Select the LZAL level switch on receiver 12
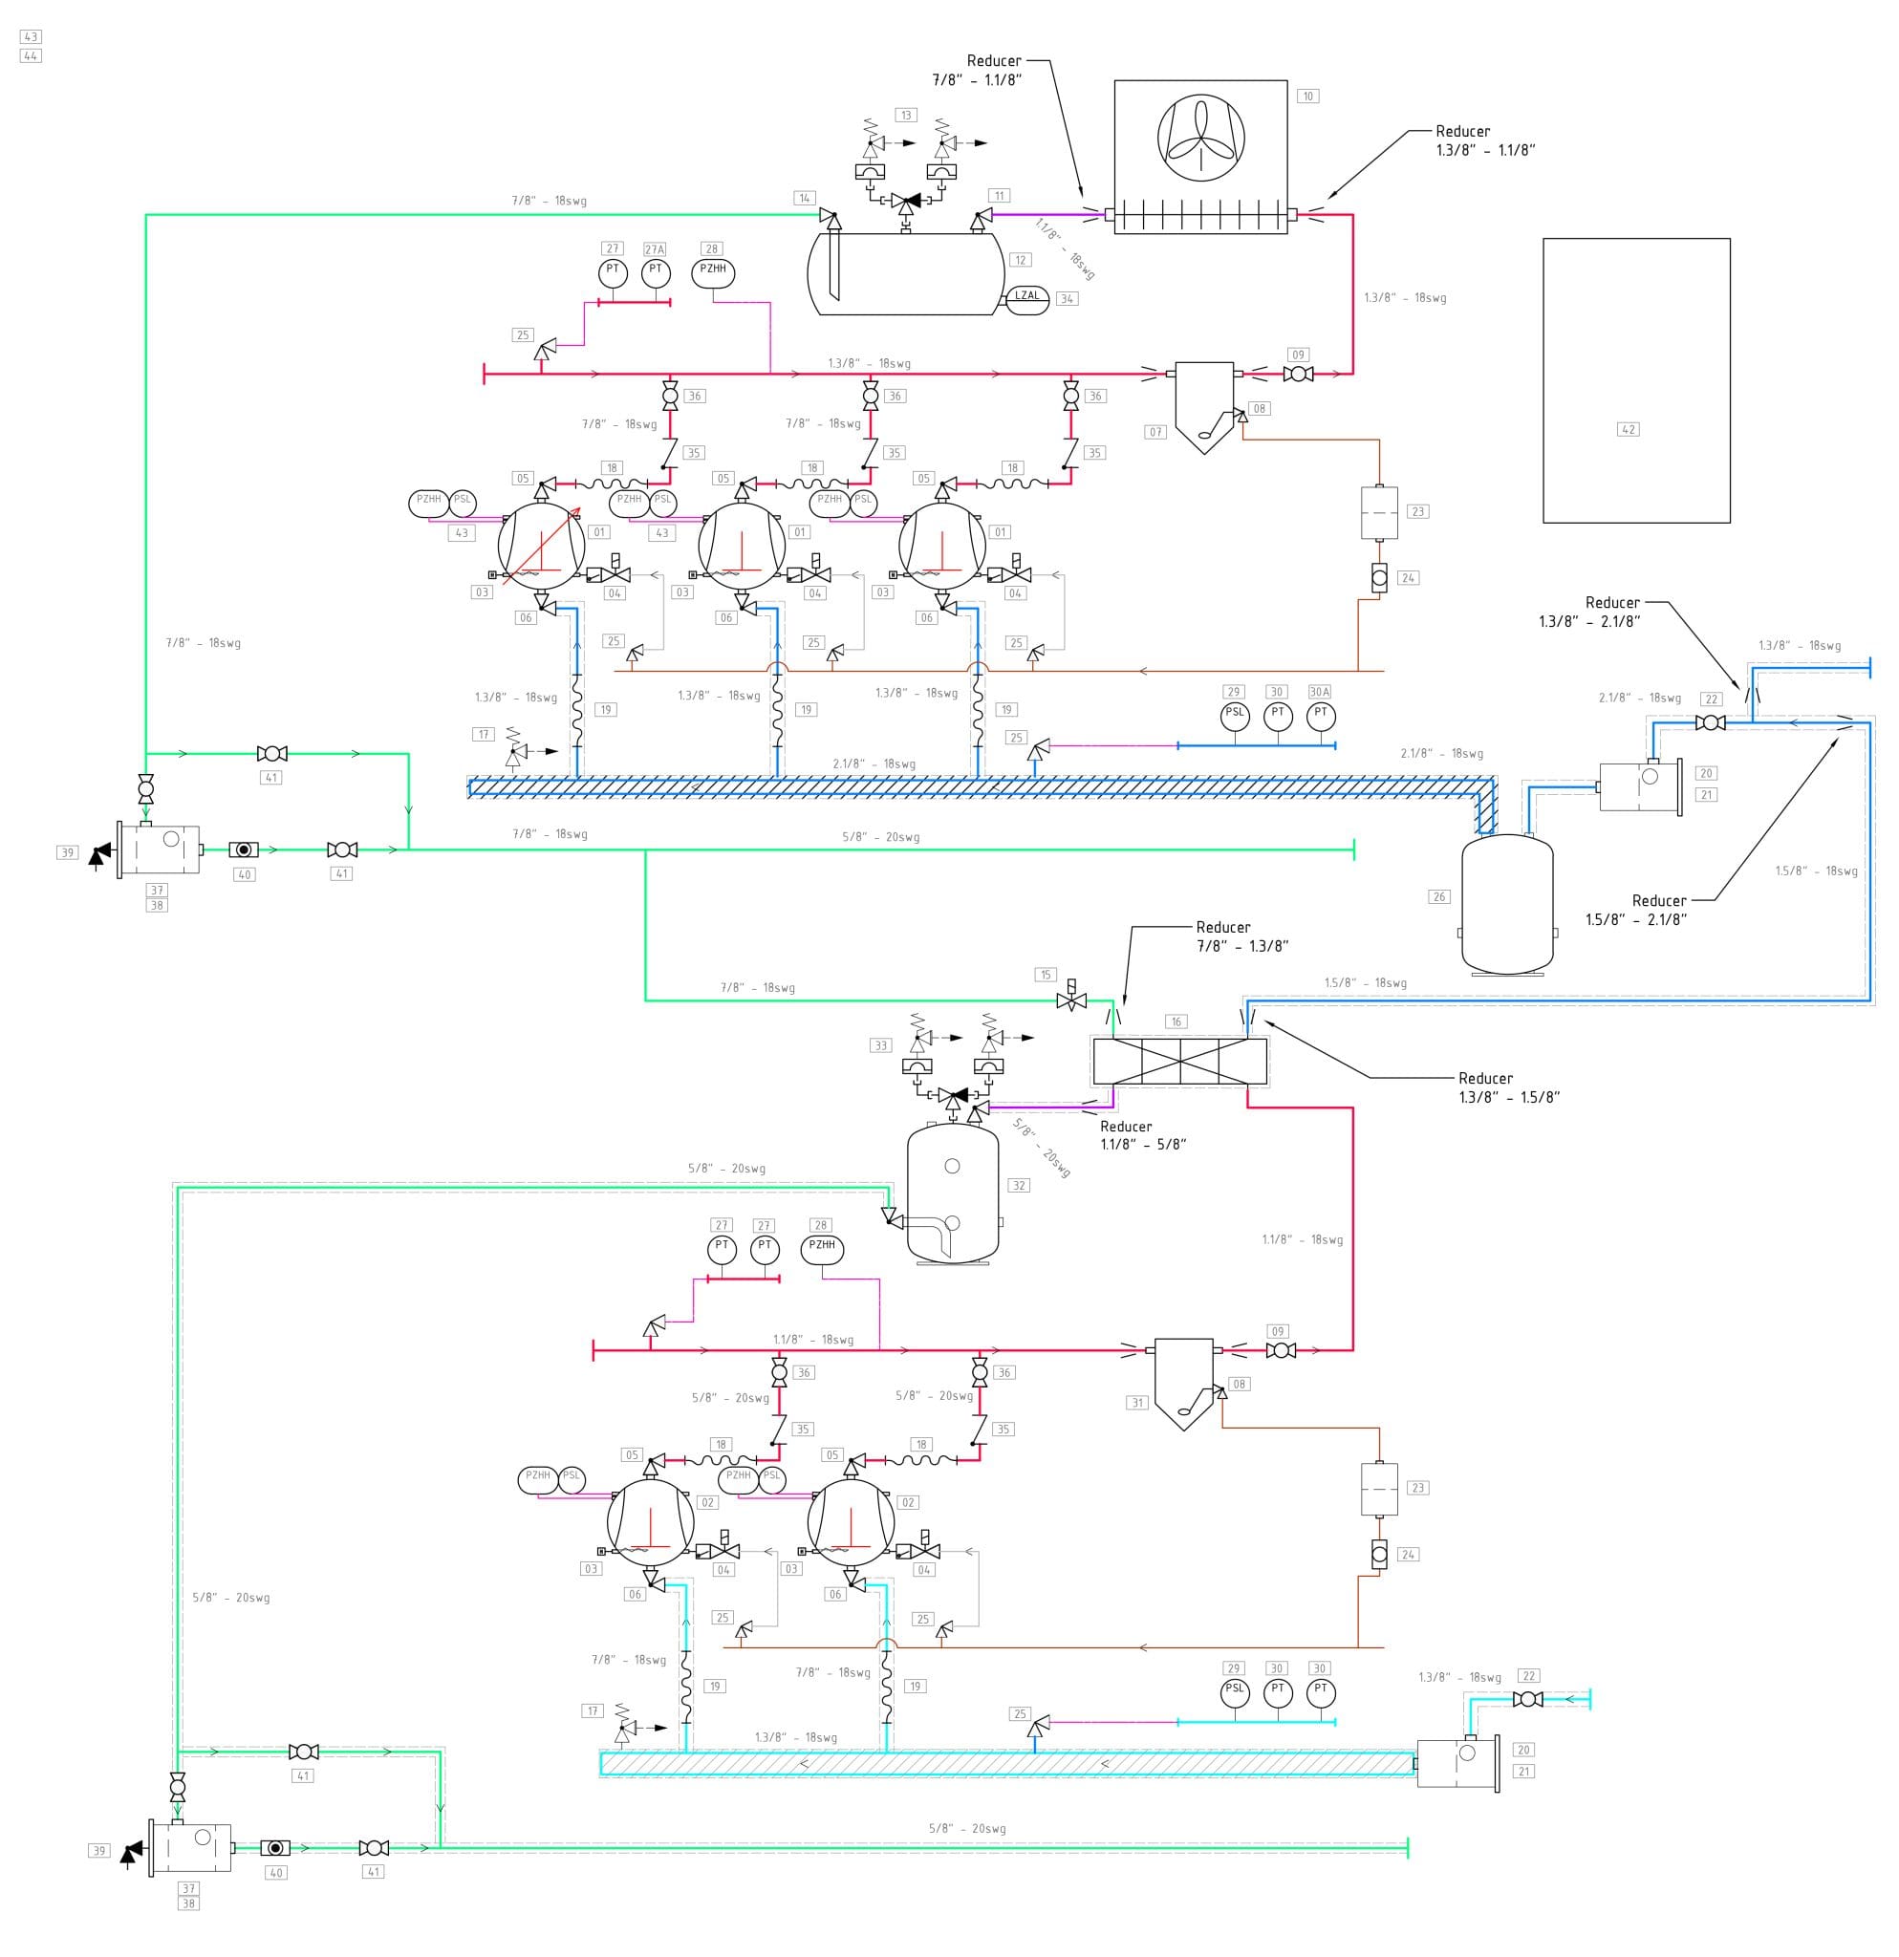1026,296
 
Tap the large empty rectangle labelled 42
1635,380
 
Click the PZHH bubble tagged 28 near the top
713,270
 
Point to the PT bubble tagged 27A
655,270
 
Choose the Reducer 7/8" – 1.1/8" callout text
979,71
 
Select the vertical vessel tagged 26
1506,904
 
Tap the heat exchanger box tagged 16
1180,1062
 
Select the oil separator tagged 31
1183,1382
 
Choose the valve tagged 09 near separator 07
1298,375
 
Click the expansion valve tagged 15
1071,1000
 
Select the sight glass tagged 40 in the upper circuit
244,850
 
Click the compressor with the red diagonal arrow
541,548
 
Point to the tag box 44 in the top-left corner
30,56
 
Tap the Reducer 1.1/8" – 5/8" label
1142,1135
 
